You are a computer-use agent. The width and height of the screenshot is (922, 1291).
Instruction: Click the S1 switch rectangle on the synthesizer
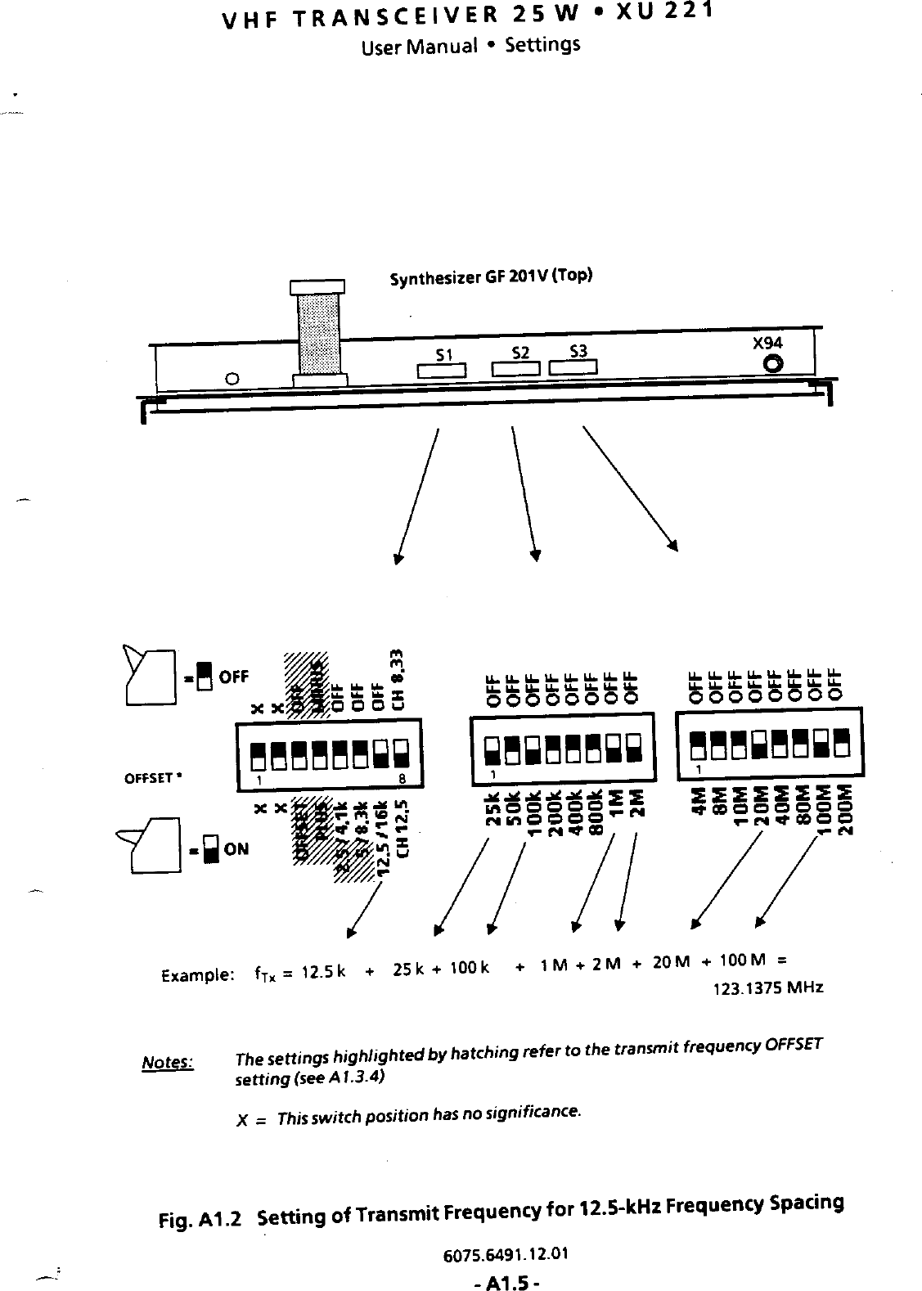tap(442, 371)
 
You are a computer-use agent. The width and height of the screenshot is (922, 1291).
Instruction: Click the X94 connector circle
tap(771, 364)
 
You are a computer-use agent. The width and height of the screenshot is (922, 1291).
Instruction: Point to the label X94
tap(767, 344)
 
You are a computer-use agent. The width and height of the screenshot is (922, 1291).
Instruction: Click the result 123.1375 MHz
tap(768, 987)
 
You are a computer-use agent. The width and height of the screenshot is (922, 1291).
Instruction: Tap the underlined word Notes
tap(167, 1063)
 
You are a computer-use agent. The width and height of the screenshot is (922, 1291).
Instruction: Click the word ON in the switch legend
tap(236, 849)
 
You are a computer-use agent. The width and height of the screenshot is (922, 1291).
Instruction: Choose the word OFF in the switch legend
tap(233, 677)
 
